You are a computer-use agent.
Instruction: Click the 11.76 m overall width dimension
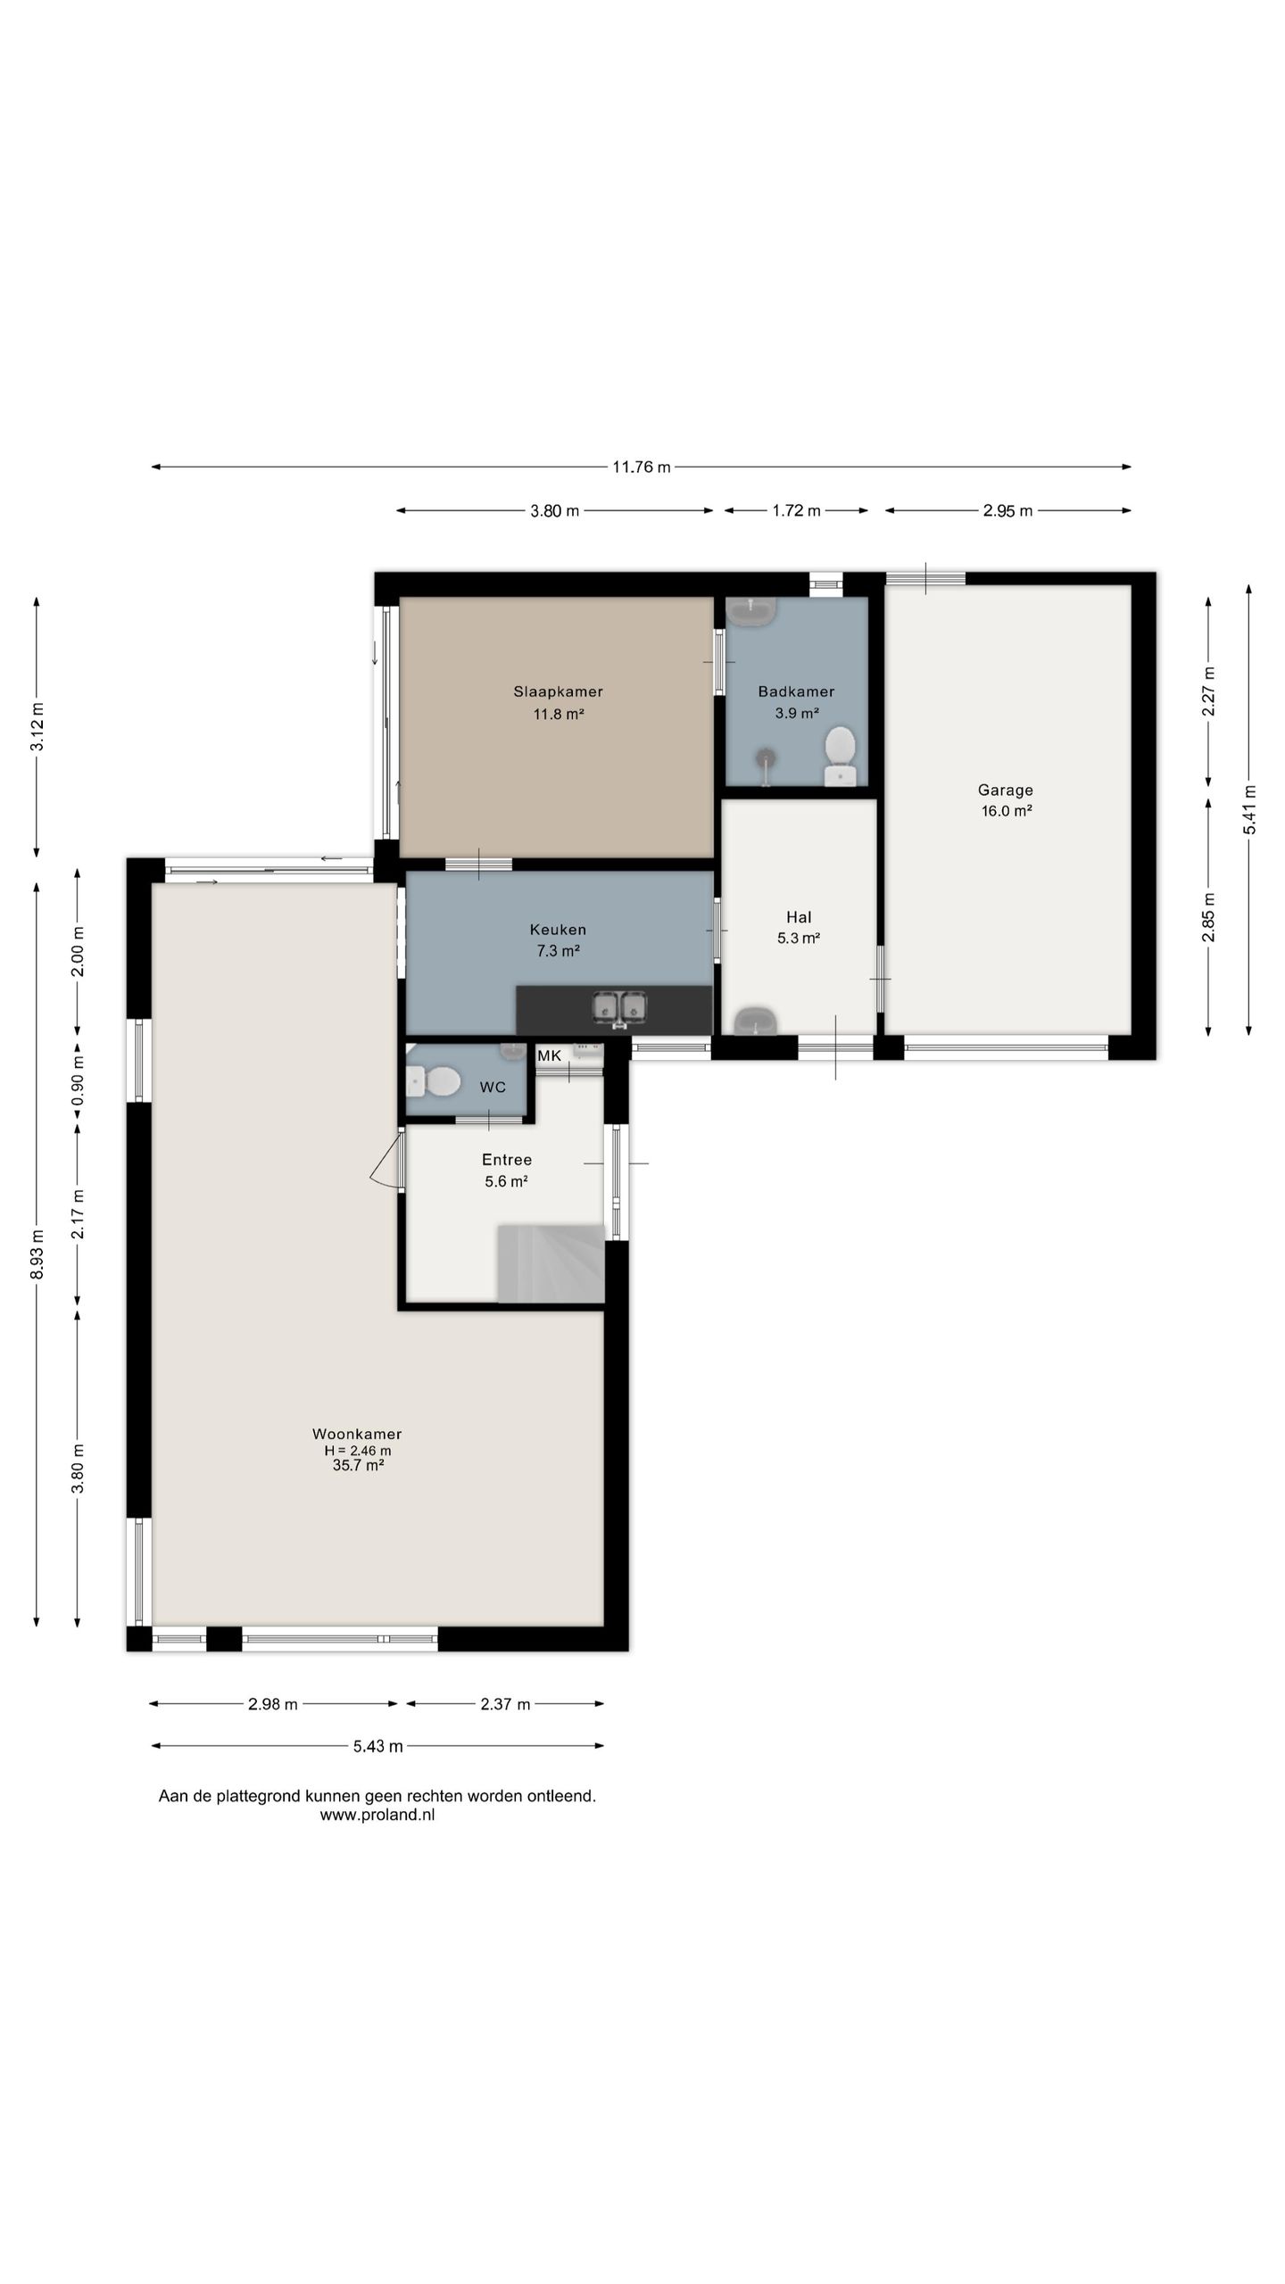point(641,467)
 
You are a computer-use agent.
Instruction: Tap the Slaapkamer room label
point(558,691)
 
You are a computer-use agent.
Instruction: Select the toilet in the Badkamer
point(840,756)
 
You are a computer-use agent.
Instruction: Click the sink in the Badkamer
point(750,611)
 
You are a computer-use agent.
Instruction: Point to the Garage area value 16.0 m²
point(1007,811)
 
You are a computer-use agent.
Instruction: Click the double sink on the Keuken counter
point(620,1008)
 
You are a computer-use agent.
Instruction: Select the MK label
point(549,1056)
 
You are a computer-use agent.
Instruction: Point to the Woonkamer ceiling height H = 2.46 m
point(357,1451)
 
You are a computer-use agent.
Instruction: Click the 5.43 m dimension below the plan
point(377,1746)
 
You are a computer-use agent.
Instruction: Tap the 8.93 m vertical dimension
point(37,1254)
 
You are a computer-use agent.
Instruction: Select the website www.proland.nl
point(377,1815)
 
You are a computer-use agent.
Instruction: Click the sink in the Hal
point(755,1021)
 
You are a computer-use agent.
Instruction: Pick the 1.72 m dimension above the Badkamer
point(796,510)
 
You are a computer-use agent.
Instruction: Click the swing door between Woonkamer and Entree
point(387,1158)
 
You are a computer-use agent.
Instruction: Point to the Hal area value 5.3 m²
point(799,938)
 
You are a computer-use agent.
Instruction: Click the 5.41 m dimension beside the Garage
point(1249,810)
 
